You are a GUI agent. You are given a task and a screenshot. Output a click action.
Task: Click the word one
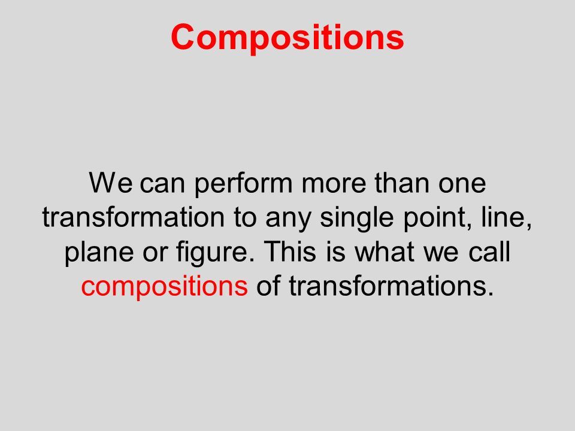coord(462,183)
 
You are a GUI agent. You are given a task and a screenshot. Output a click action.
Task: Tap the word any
coord(288,220)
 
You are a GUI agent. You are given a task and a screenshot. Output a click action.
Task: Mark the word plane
coord(99,253)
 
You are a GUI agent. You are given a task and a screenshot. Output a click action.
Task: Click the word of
coord(268,286)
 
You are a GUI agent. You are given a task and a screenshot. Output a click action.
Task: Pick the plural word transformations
coord(391,286)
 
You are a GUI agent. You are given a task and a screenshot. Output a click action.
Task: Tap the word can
coord(162,183)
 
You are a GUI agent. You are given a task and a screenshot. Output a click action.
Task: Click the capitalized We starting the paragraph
coord(110,182)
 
